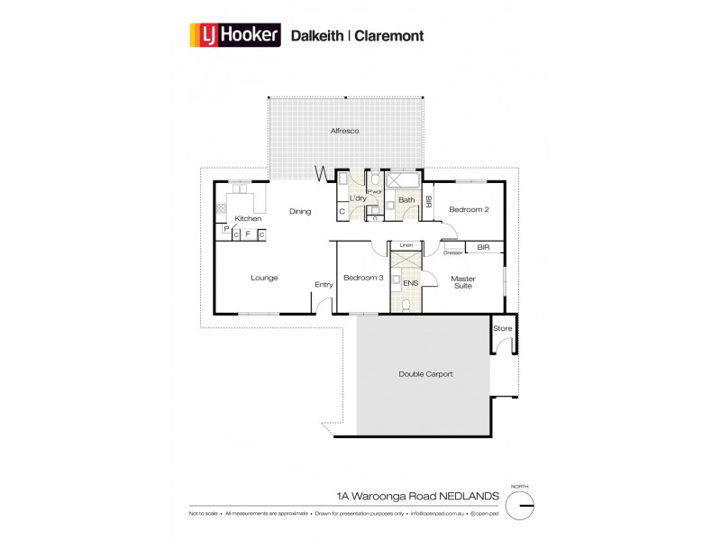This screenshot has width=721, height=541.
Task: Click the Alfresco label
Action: click(344, 132)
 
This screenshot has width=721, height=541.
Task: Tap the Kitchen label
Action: click(248, 219)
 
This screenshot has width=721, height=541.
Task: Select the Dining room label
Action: click(300, 212)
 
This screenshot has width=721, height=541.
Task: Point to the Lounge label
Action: click(264, 278)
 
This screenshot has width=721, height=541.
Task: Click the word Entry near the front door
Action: click(324, 285)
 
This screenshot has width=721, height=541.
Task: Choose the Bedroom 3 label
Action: click(363, 278)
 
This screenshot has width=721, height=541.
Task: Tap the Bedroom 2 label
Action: click(469, 209)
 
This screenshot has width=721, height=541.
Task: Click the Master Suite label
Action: click(463, 283)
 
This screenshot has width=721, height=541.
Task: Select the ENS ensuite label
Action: click(411, 282)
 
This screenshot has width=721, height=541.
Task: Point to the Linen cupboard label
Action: click(406, 245)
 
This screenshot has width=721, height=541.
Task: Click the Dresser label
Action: click(452, 252)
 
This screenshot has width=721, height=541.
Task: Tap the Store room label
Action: click(502, 328)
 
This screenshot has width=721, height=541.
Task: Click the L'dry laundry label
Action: click(357, 199)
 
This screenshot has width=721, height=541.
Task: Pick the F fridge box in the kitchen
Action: click(248, 234)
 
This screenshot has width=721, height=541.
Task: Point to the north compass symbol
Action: click(521, 507)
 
